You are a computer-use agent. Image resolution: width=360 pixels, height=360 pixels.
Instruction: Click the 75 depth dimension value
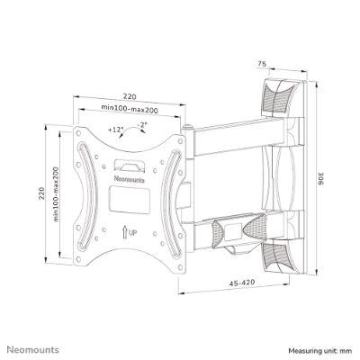tap(262, 64)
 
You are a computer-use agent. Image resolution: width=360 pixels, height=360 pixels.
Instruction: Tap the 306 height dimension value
tap(320, 178)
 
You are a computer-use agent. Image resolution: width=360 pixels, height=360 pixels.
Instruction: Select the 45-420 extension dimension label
tap(242, 283)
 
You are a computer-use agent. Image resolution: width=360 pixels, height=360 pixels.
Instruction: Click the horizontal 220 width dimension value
tap(130, 96)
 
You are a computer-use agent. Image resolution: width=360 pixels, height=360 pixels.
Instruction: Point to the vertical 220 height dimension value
tap(41, 193)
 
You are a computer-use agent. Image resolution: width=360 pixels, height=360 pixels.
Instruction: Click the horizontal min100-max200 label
tap(130, 109)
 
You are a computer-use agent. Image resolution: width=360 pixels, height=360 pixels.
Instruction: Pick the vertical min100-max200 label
tap(56, 194)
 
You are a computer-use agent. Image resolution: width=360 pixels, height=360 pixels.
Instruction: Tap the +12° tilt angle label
tap(116, 130)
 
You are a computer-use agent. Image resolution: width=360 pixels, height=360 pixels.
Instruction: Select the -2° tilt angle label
tap(141, 125)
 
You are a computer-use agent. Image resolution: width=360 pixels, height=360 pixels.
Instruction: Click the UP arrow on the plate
tap(124, 231)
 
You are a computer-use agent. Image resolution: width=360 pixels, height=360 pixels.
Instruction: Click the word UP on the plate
tap(132, 232)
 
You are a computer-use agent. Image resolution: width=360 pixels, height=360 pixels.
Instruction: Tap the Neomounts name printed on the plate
tap(130, 179)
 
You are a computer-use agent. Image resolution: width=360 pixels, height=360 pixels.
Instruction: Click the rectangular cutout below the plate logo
tap(130, 200)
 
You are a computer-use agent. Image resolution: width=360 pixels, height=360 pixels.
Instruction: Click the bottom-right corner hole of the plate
tap(181, 267)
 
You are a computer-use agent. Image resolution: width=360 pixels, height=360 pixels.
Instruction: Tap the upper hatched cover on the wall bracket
tap(278, 97)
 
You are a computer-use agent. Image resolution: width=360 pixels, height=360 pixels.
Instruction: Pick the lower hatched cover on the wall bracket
tap(278, 256)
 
